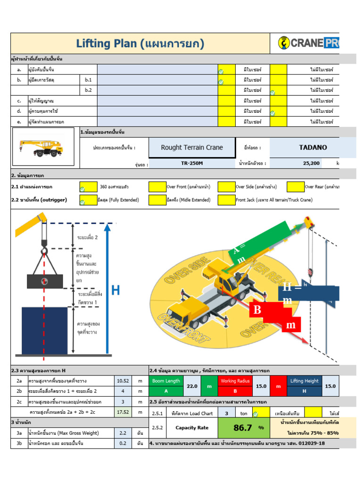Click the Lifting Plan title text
click(140, 44)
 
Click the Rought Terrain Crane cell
click(192, 148)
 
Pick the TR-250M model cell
click(192, 164)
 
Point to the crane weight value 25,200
click(312, 164)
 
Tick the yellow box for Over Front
click(157, 187)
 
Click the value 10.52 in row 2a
click(123, 381)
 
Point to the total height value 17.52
click(123, 412)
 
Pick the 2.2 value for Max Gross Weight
click(123, 433)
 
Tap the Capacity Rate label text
click(192, 428)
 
